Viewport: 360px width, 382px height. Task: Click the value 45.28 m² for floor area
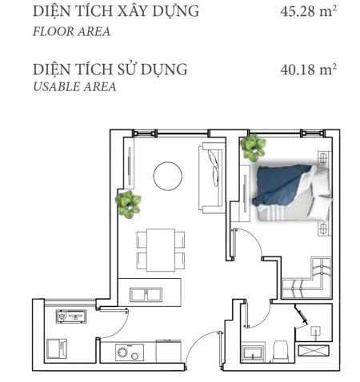point(308,11)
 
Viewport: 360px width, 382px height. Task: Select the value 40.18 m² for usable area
point(308,70)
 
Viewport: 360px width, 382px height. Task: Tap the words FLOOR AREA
point(71,31)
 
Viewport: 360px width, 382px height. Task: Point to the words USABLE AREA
point(74,87)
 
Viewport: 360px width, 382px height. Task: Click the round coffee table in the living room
point(168,176)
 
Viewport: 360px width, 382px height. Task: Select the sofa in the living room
point(212,177)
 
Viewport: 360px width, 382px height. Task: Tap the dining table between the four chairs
point(161,250)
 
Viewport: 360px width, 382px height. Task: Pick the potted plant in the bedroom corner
point(253,148)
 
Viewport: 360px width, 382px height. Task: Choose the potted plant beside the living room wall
point(128,205)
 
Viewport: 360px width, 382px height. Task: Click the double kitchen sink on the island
point(146,295)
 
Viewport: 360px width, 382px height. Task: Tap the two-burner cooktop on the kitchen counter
point(130,352)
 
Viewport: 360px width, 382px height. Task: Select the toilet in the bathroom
point(281,352)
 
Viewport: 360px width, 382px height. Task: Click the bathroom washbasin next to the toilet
point(253,354)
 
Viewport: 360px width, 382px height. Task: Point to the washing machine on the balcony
point(57,348)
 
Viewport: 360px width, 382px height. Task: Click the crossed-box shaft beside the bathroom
point(314,350)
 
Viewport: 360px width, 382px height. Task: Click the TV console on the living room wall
point(130,165)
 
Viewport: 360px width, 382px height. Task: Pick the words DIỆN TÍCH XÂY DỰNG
point(116,11)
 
